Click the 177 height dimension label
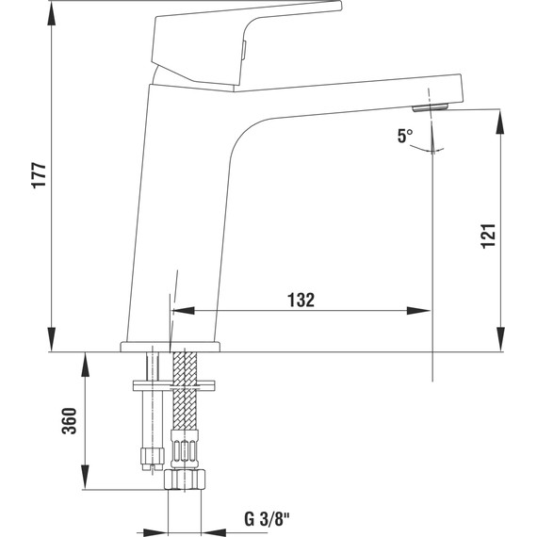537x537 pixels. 39,176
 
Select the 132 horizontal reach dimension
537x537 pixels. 300,300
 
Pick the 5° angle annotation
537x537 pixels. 404,136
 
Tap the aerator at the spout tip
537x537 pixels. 436,106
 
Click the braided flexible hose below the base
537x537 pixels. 184,405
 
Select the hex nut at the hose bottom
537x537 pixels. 184,479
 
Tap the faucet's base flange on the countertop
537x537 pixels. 171,346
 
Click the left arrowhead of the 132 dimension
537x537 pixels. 178,310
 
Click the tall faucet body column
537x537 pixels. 184,217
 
